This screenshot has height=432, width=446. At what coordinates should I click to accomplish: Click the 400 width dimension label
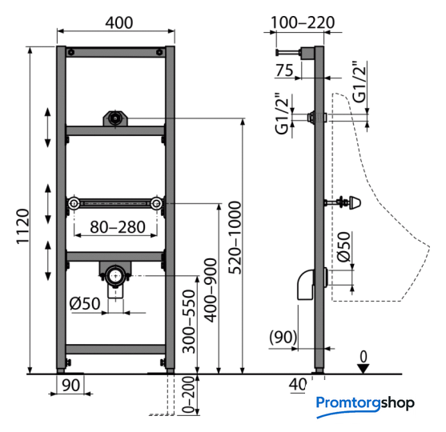[119, 22]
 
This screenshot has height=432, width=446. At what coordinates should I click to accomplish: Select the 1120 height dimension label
[22, 226]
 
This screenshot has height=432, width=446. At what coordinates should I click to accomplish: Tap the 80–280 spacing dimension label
[118, 227]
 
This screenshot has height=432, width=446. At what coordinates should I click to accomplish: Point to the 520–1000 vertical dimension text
[235, 238]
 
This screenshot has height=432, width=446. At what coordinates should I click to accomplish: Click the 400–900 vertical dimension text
[211, 290]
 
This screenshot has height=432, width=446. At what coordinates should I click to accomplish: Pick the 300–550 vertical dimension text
[189, 322]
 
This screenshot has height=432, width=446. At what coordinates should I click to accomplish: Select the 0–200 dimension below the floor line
[188, 395]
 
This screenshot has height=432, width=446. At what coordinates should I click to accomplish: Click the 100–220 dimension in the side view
[303, 22]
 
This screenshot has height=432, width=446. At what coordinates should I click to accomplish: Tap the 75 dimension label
[284, 70]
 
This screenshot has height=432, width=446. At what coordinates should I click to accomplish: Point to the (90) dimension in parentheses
[283, 337]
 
